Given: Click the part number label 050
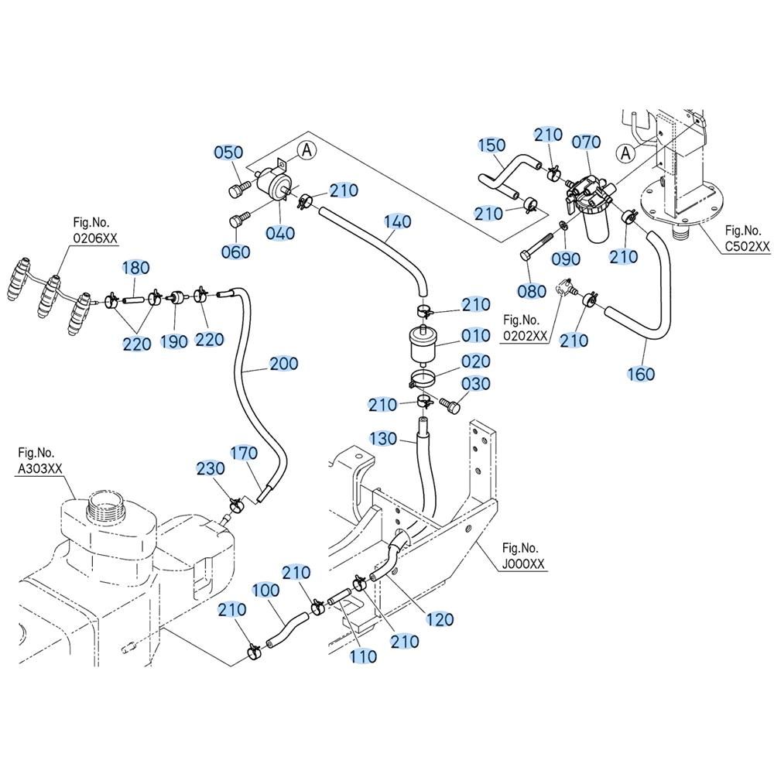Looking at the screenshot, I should click(x=228, y=152).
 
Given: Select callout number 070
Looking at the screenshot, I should click(x=586, y=142).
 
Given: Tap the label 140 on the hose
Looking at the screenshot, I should click(x=398, y=222).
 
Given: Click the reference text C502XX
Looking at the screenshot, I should click(x=747, y=247).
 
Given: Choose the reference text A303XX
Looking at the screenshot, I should click(x=39, y=468).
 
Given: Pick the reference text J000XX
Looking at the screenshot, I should click(x=522, y=564).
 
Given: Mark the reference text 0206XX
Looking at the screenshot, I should click(x=96, y=239).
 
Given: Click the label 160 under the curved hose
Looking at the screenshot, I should click(x=641, y=374).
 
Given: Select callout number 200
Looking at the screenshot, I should click(x=283, y=364).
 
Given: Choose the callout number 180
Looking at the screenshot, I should click(x=135, y=268).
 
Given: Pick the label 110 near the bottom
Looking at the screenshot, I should click(x=363, y=656).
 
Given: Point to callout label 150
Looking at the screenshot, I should click(x=491, y=145).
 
